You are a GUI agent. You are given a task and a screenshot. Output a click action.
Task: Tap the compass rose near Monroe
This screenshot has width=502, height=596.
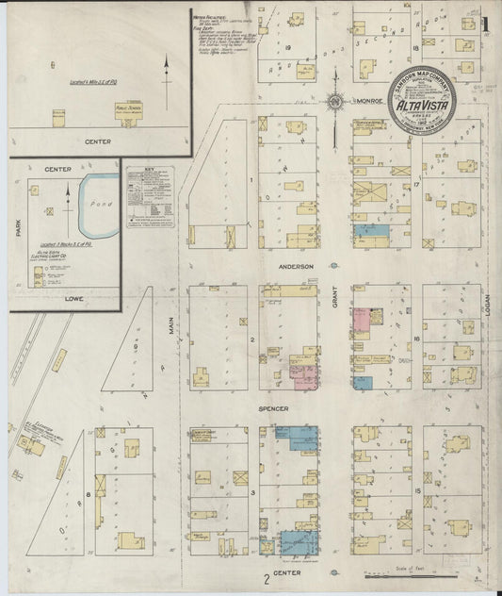pos(334,102)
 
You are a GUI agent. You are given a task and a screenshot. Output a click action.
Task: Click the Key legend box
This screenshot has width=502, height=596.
pos(150,199)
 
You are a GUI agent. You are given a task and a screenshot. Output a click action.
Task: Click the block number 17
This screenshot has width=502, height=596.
pos(415,185)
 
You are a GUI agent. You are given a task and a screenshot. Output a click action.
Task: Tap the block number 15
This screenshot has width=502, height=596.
pos(416,491)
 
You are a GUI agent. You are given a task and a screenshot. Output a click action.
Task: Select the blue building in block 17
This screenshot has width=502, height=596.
pos(371,230)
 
